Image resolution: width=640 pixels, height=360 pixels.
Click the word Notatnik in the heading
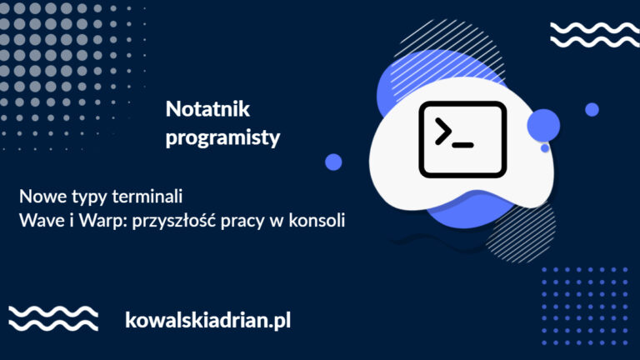click(207, 109)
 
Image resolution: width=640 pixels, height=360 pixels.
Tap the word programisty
click(222, 138)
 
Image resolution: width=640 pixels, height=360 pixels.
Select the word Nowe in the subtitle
click(42, 197)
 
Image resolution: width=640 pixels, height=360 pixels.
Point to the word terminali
click(147, 197)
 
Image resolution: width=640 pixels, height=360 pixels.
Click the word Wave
click(42, 220)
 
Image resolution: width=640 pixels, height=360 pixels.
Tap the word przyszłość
click(174, 221)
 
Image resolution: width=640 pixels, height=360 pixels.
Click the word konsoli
click(317, 220)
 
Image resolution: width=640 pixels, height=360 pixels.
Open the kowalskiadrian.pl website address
click(208, 320)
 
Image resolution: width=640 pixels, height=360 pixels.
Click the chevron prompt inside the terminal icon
click(442, 132)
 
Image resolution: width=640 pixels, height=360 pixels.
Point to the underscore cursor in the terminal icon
click(463, 145)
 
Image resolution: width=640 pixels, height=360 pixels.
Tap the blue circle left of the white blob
click(333, 162)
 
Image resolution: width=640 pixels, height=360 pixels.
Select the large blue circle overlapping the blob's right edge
click(543, 125)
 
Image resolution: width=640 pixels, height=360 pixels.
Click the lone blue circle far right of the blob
click(592, 109)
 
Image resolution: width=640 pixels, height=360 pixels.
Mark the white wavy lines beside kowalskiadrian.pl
click(53, 318)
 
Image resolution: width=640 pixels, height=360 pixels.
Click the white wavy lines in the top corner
click(595, 35)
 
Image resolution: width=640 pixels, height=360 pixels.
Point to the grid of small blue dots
click(585, 306)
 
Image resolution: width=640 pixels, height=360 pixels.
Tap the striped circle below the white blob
click(521, 231)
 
